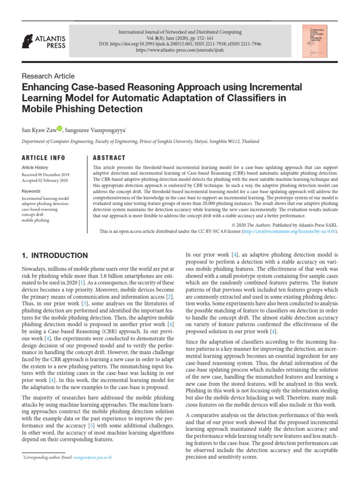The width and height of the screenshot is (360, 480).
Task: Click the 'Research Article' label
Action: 48,76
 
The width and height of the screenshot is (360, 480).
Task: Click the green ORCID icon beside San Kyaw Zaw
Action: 60,128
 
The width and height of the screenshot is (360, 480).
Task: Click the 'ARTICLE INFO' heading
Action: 44,157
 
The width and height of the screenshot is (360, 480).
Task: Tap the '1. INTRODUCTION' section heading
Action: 55,255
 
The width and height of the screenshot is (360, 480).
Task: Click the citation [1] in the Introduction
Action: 82,284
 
